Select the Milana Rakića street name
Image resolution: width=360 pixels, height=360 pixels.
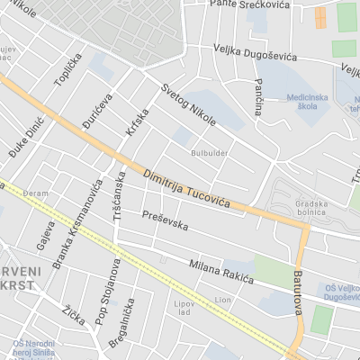221,274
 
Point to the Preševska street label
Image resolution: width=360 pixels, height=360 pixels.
165,220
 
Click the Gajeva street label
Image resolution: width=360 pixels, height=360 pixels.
44,236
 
